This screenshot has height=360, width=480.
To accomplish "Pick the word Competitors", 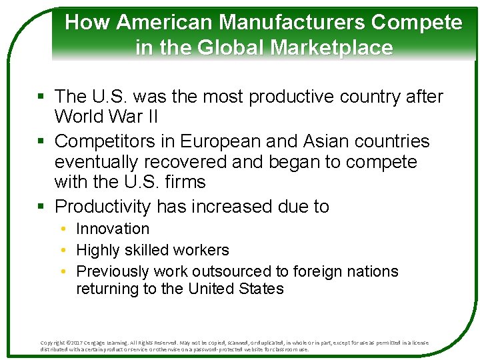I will [x=104, y=141].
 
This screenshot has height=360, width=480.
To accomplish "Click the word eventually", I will [x=100, y=162].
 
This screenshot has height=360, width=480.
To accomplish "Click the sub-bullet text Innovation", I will [x=113, y=229].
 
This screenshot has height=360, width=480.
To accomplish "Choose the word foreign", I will [x=311, y=271].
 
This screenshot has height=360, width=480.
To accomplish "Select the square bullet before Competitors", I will [x=44, y=142].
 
